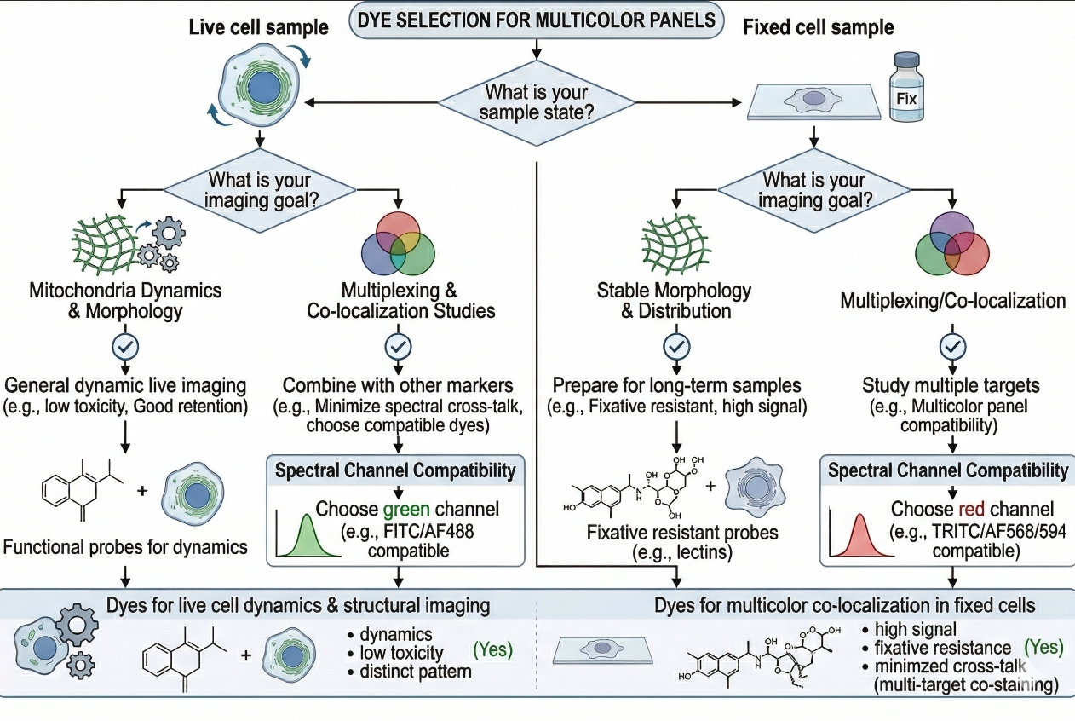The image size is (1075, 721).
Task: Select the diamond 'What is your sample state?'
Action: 536,102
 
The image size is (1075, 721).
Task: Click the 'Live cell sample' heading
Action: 258,27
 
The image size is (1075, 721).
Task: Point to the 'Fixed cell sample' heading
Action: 819,27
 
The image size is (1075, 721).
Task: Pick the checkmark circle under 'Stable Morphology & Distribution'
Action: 676,346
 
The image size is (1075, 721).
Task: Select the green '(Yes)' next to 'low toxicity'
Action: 492,649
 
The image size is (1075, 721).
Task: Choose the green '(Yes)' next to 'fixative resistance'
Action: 1043,647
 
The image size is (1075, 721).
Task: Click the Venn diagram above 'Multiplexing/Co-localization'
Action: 951,243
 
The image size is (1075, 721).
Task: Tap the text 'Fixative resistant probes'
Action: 682,534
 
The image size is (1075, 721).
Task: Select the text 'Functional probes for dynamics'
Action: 125,545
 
